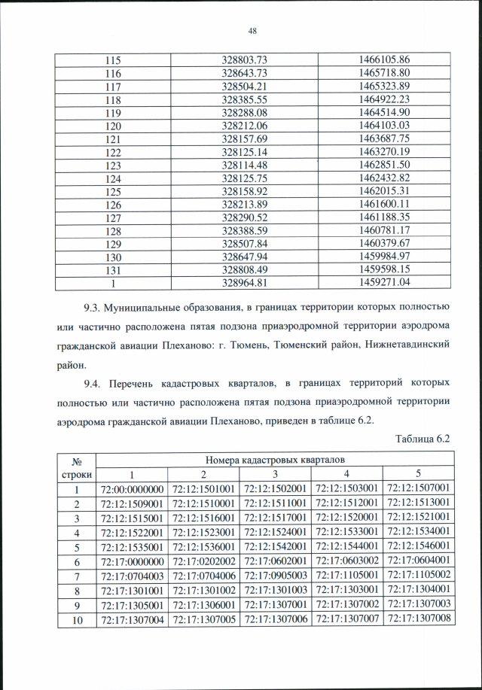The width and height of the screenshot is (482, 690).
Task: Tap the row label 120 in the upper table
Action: point(114,125)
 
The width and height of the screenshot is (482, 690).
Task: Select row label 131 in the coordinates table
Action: point(114,269)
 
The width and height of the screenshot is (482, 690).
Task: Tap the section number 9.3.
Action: point(96,307)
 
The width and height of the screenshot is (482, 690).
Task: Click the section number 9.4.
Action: point(96,384)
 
